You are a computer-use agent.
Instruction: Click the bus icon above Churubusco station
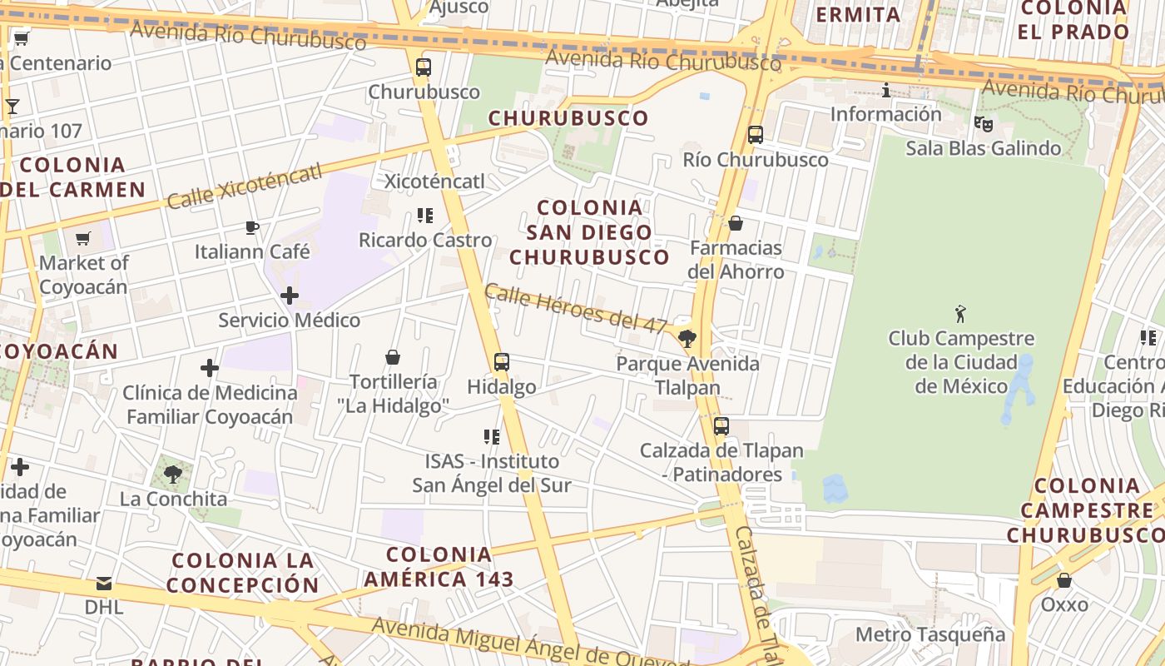[x=424, y=67]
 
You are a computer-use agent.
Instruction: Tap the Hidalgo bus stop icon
[x=501, y=362]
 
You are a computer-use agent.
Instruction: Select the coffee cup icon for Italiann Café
[x=252, y=227]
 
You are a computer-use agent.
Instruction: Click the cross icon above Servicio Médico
[x=290, y=296]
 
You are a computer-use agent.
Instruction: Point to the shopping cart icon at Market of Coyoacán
[x=83, y=239]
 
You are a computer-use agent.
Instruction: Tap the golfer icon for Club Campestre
[x=961, y=314]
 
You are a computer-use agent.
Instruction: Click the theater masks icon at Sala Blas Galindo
[x=984, y=124]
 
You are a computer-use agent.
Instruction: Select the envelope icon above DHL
[x=104, y=583]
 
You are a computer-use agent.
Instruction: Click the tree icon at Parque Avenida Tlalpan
[x=687, y=338]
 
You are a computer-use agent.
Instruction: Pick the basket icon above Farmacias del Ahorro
[x=736, y=223]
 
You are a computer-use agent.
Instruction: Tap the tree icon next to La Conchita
[x=173, y=475]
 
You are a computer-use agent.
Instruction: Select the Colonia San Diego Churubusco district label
[x=589, y=232]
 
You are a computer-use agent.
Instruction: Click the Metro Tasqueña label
[x=930, y=634]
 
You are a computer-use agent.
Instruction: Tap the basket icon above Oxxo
[x=1064, y=580]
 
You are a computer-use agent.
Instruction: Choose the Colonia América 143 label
[x=439, y=566]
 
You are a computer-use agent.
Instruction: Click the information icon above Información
[x=886, y=90]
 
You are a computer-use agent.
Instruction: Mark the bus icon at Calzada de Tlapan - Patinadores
[x=721, y=426]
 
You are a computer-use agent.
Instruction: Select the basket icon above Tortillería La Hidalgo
[x=393, y=357]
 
